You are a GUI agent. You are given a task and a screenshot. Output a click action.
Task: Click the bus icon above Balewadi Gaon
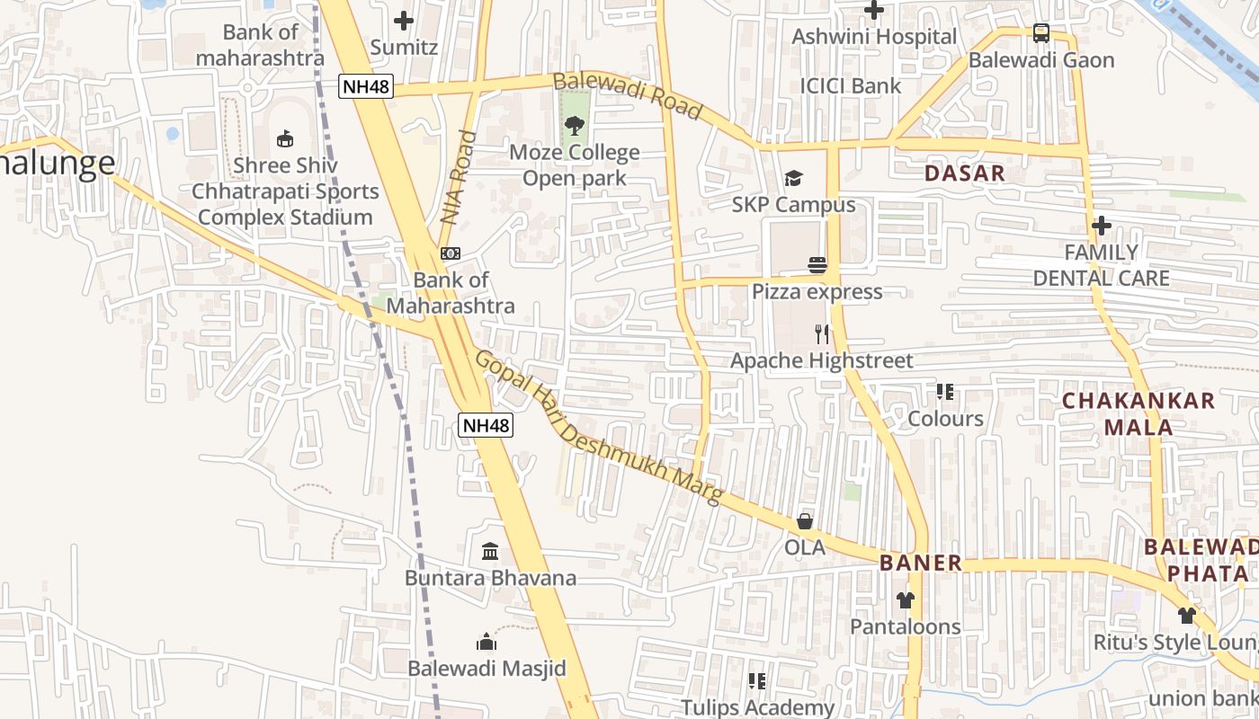[1041, 33]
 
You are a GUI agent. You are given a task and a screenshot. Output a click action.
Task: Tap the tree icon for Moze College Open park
[575, 126]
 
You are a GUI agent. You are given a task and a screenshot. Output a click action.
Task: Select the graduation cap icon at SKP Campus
[793, 179]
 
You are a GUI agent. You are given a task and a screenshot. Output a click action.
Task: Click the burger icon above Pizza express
[817, 265]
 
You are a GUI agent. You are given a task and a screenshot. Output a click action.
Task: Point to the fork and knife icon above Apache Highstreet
[821, 334]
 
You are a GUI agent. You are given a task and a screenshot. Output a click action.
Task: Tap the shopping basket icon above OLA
[805, 521]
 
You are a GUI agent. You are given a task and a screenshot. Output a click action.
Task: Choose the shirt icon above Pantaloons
[906, 600]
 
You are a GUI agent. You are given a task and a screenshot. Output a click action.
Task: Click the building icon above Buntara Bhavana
[490, 551]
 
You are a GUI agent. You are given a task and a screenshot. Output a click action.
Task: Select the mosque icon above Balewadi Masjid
[487, 642]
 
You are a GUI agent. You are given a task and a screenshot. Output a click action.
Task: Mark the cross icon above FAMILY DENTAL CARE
[1102, 225]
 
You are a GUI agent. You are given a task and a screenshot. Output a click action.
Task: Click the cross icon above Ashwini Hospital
[874, 10]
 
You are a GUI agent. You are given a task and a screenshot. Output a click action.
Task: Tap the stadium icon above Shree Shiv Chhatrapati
[285, 138]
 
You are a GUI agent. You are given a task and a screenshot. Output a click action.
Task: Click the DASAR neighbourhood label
[965, 173]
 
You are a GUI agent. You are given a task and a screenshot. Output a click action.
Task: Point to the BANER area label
[921, 564]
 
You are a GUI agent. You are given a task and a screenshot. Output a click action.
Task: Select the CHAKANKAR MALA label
[1138, 413]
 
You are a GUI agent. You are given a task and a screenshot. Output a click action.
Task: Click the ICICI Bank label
[851, 86]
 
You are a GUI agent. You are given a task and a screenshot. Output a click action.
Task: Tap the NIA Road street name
[460, 177]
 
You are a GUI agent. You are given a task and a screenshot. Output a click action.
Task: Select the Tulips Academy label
[757, 707]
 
